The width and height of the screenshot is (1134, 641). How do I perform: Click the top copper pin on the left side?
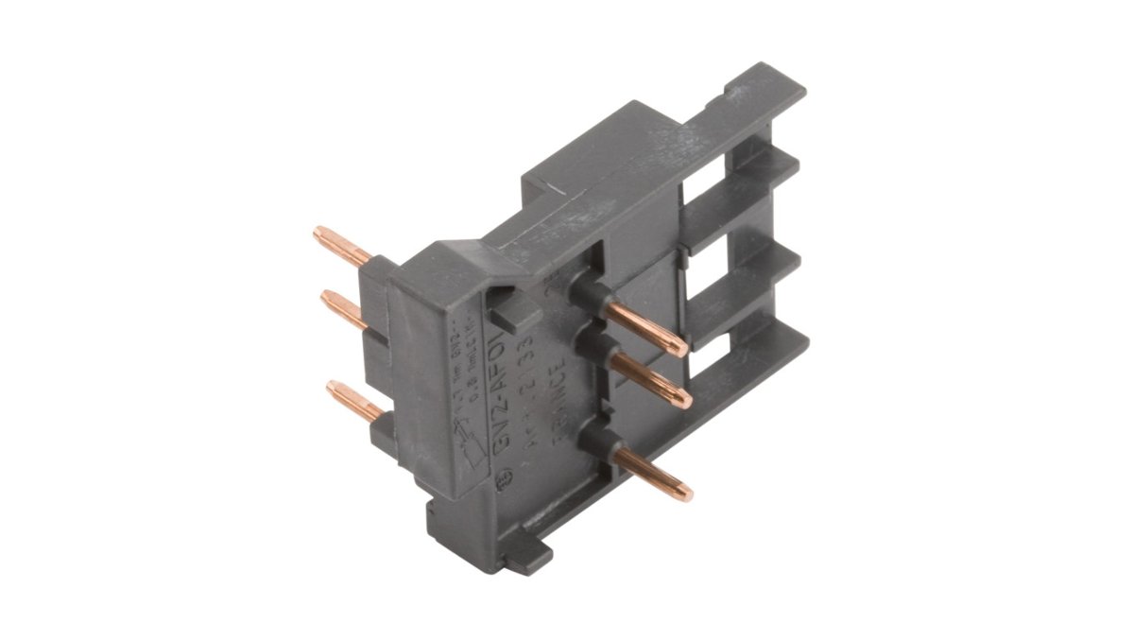(341, 245)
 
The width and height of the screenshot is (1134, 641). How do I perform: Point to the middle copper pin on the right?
(651, 379)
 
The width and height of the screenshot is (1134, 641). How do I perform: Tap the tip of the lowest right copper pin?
(687, 494)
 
